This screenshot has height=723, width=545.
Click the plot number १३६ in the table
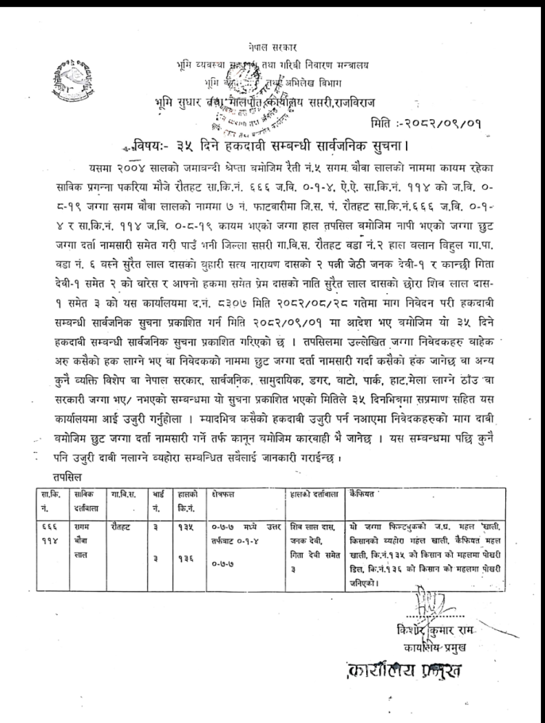point(186,558)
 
